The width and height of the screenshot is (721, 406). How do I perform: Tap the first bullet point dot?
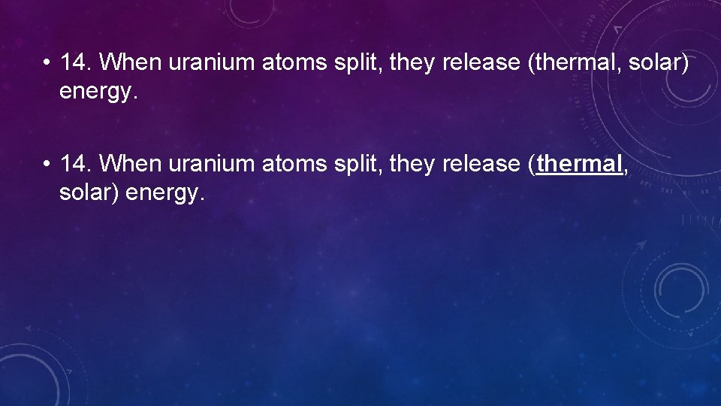click(x=47, y=63)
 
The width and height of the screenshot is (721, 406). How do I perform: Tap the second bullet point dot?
click(x=47, y=165)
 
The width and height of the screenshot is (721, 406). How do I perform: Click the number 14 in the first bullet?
click(x=75, y=62)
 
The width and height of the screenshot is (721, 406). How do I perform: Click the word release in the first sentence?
click(x=482, y=62)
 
